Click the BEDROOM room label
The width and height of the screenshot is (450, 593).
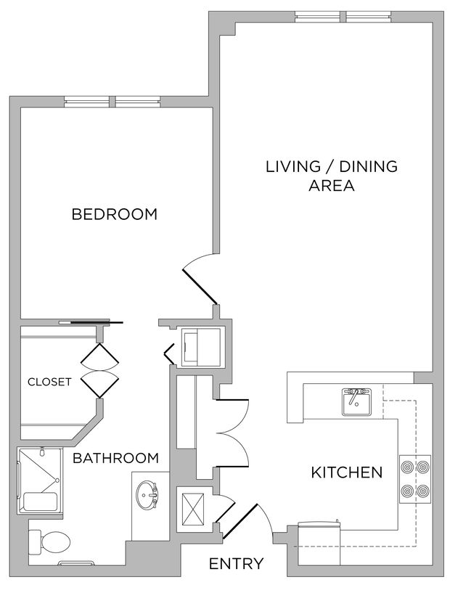[x=114, y=214]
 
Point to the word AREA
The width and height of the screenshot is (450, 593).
[x=331, y=186]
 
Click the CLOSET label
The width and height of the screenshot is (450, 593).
[x=49, y=382]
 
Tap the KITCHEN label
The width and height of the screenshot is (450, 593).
[x=346, y=473]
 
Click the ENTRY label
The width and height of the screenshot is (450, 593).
[x=236, y=564]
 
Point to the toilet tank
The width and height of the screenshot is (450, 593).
[x=35, y=541]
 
